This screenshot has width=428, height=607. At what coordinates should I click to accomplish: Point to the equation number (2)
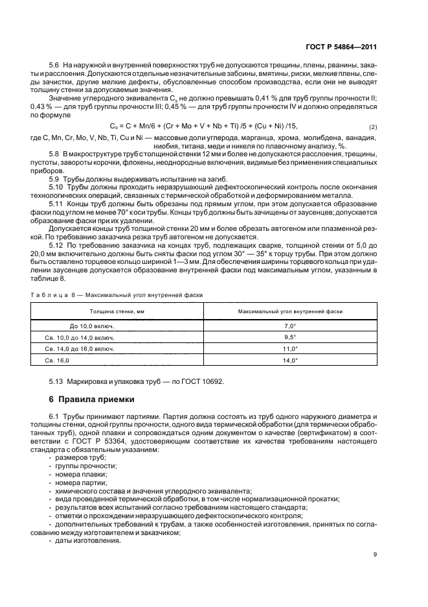[373, 125]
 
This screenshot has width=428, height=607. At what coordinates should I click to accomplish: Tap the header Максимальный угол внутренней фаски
[290, 311]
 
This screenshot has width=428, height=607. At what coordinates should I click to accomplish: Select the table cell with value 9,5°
[290, 337]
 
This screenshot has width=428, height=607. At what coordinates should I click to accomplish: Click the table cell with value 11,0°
[290, 348]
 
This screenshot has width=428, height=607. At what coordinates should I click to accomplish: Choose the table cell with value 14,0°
[290, 360]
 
